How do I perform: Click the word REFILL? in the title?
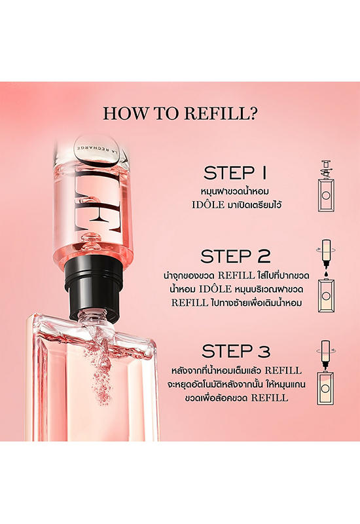[x=221, y=113]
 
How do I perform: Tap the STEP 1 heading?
[x=236, y=173]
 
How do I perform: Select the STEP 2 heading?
[x=236, y=256]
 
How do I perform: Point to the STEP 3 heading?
[x=236, y=351]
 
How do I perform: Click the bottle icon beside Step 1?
[x=326, y=186]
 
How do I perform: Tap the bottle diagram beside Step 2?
[x=326, y=276]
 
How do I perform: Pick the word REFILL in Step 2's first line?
[x=236, y=276]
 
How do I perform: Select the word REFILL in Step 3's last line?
[x=269, y=398]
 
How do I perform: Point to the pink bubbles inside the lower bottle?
[x=99, y=371]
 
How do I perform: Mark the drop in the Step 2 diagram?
[x=326, y=274]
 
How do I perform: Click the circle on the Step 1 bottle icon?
[x=326, y=195]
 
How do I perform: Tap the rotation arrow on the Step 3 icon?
[x=325, y=350]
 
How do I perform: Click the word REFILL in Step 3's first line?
[x=283, y=371]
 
